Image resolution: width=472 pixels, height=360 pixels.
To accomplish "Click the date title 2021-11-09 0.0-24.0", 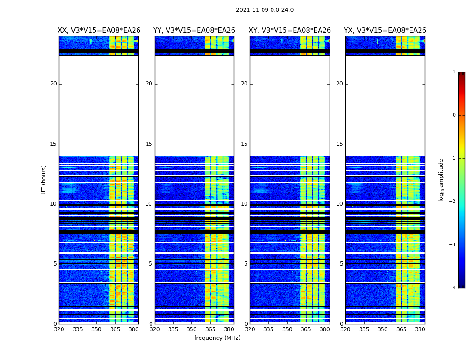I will [264, 10].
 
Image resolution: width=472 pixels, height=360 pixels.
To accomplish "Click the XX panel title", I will [99, 31].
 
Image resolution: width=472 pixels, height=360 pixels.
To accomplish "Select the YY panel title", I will [194, 31].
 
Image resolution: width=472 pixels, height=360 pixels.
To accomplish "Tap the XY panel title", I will [289, 31].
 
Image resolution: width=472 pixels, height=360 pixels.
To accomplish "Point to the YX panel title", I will [385, 31].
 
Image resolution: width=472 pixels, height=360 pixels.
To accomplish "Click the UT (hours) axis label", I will [44, 180].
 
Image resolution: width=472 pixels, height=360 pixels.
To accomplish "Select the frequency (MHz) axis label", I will [217, 338].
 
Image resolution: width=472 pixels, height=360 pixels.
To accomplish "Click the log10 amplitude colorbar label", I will [441, 180].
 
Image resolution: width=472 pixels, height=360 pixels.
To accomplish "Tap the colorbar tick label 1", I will [454, 72].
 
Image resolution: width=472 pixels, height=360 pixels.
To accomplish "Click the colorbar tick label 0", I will [454, 115].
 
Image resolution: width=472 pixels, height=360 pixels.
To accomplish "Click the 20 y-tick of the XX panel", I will [53, 84].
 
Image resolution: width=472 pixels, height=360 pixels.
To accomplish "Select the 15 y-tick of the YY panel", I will [149, 144].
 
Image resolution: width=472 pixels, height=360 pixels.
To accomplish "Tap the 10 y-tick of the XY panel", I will [244, 204].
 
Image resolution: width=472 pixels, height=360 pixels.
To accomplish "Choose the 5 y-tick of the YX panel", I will [341, 264].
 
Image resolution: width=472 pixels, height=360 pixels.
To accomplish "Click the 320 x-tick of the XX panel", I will [59, 329].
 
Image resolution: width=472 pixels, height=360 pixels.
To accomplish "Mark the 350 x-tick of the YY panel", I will [192, 329].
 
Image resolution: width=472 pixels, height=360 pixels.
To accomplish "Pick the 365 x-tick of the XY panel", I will [306, 329].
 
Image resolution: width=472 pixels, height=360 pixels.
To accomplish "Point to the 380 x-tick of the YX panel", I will [420, 329].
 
